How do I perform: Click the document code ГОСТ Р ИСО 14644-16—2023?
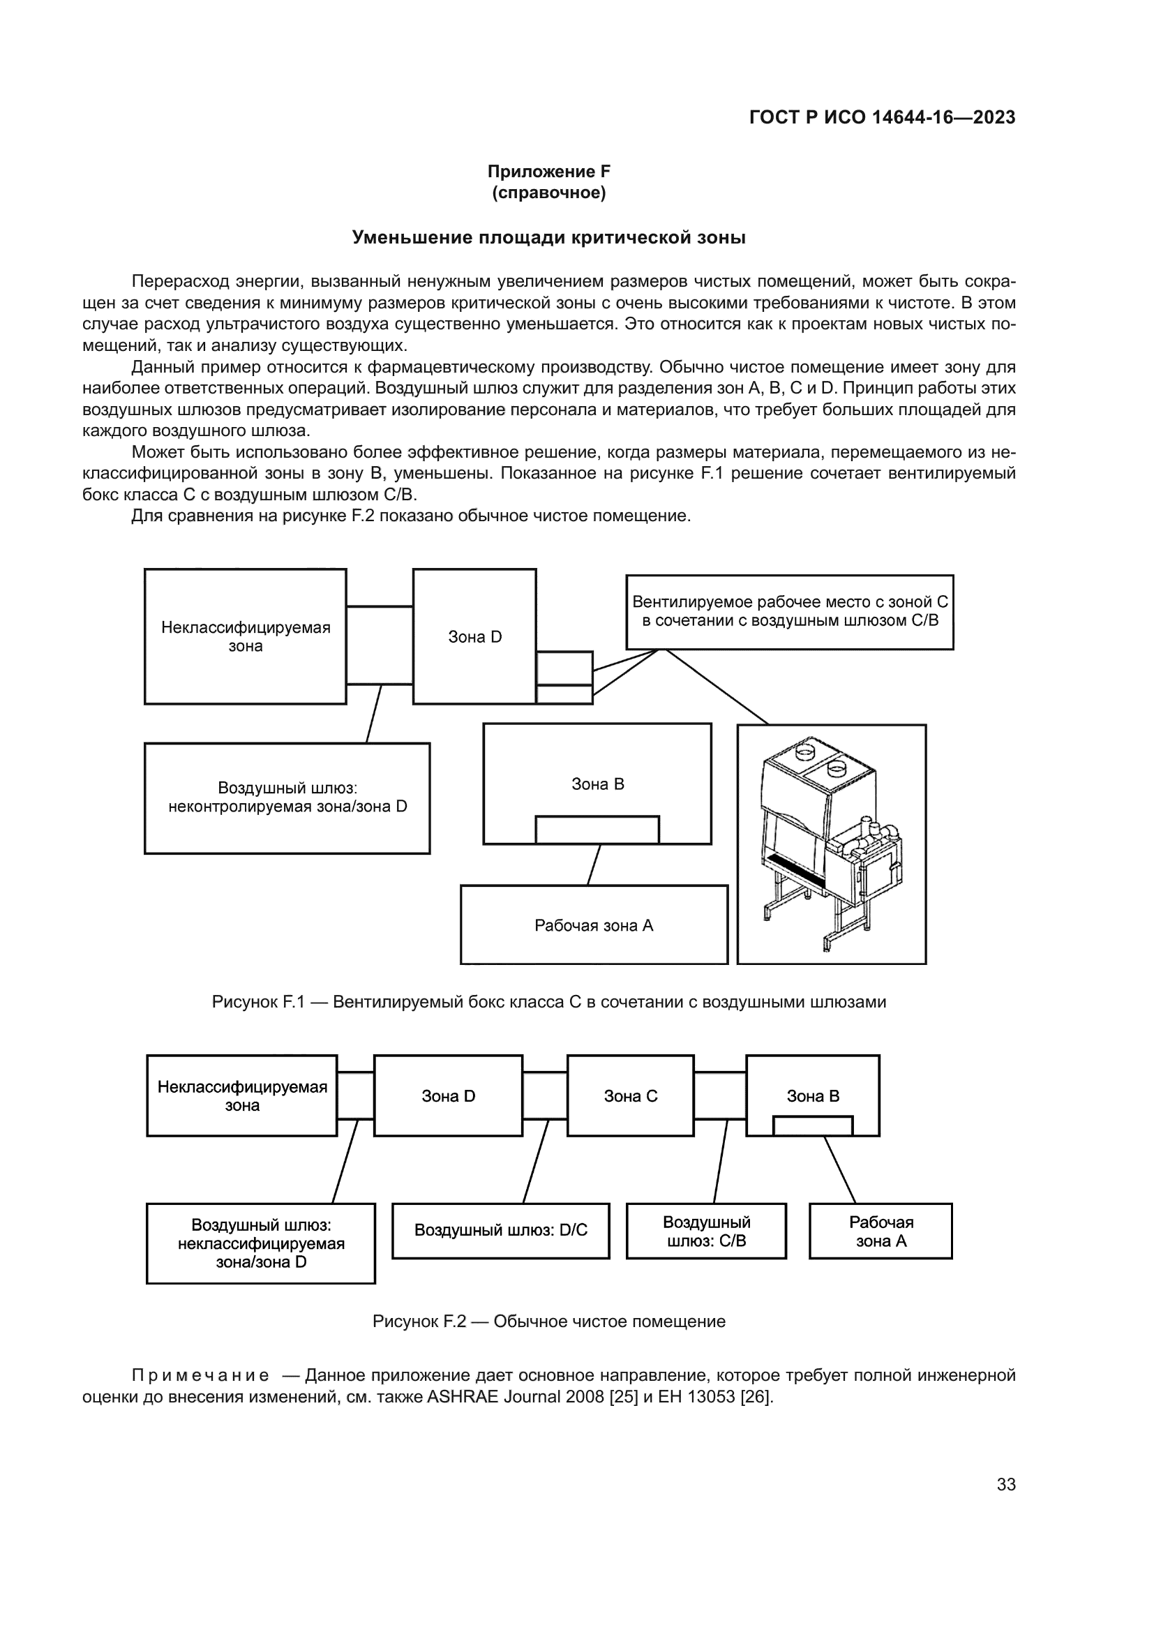(882, 117)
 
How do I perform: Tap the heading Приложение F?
(548, 172)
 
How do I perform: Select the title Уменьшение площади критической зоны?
(548, 237)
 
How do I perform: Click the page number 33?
(1005, 1484)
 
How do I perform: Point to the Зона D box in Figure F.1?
(474, 637)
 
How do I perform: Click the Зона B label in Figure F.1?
(598, 784)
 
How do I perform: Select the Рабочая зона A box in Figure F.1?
(594, 924)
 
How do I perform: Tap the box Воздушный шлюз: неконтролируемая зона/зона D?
(287, 798)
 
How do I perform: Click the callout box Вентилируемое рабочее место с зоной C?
(790, 611)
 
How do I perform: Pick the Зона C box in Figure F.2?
(630, 1096)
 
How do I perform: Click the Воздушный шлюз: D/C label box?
(501, 1230)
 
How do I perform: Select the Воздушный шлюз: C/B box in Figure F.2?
(706, 1231)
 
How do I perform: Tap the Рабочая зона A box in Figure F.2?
(881, 1231)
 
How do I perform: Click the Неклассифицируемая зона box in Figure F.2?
(241, 1096)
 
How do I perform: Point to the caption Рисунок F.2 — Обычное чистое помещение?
(548, 1322)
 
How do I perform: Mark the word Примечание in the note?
(200, 1375)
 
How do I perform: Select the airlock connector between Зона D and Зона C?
(544, 1095)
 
